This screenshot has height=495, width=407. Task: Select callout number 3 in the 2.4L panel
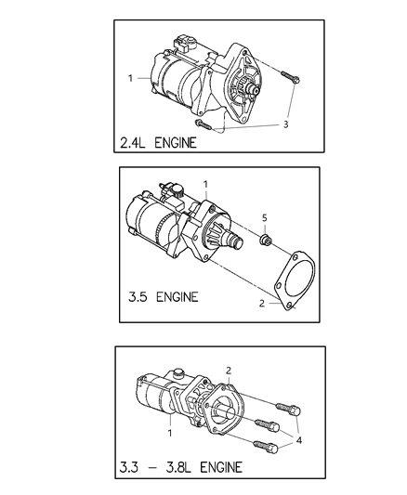(286, 124)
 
